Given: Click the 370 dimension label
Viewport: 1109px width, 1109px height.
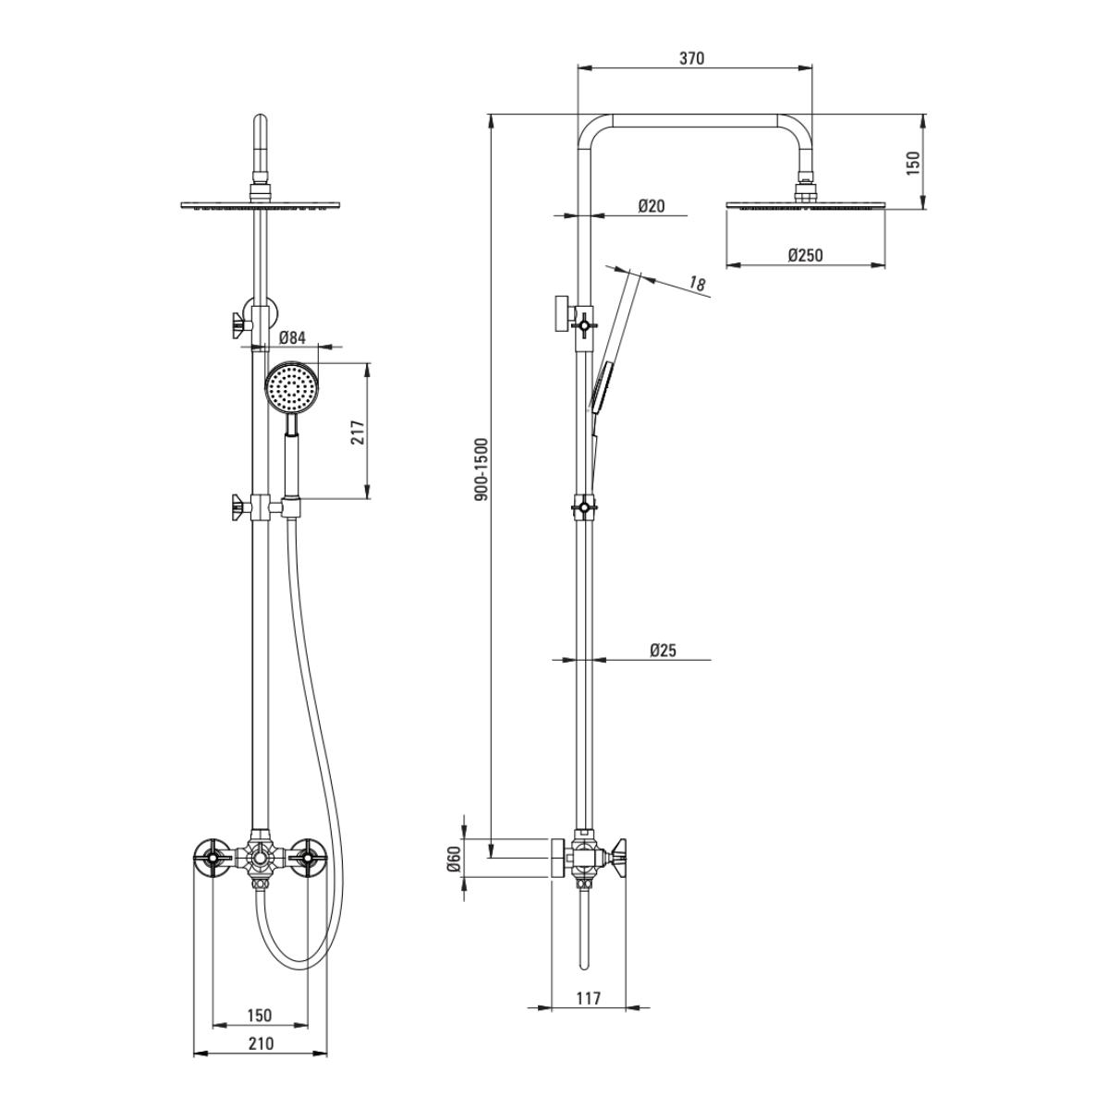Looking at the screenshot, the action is point(691,58).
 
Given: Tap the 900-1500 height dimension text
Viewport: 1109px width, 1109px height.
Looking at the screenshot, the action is point(481,469).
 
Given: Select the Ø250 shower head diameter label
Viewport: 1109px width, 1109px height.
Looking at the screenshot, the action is point(806,254).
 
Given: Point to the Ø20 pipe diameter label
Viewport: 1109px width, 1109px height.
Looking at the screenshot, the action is point(651,205).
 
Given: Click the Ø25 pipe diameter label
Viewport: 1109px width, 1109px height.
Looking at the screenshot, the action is point(663,651).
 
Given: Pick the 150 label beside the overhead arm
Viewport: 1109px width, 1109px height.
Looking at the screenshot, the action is point(913,164).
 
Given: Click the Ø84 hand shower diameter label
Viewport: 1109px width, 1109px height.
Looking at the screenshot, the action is point(292,338).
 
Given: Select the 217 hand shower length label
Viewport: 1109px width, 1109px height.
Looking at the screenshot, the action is point(358,432).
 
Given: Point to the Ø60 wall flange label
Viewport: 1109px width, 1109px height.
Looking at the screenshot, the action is point(454,859).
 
